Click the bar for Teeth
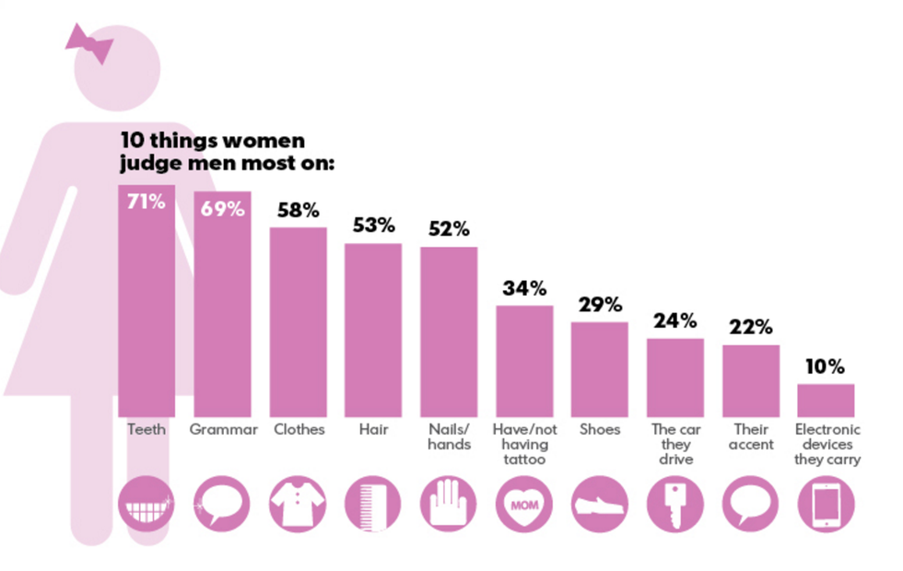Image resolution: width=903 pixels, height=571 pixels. coord(147,304)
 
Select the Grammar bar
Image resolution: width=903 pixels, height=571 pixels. coord(221,309)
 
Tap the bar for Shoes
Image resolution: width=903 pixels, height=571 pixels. coord(599,368)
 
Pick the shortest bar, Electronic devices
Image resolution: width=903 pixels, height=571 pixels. coord(826,401)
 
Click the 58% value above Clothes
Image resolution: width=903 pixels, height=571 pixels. coord(298,210)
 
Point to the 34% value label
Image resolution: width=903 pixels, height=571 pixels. coord(524,288)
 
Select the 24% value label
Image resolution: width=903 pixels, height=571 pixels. coord(674,321)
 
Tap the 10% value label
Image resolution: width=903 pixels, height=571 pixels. coord(825,367)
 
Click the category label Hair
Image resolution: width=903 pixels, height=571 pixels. coord(373,430)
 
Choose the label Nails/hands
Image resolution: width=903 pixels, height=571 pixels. coord(449,437)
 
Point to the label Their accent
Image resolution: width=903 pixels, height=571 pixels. coord(750,437)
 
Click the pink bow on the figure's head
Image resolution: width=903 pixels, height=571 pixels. coord(89,42)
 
